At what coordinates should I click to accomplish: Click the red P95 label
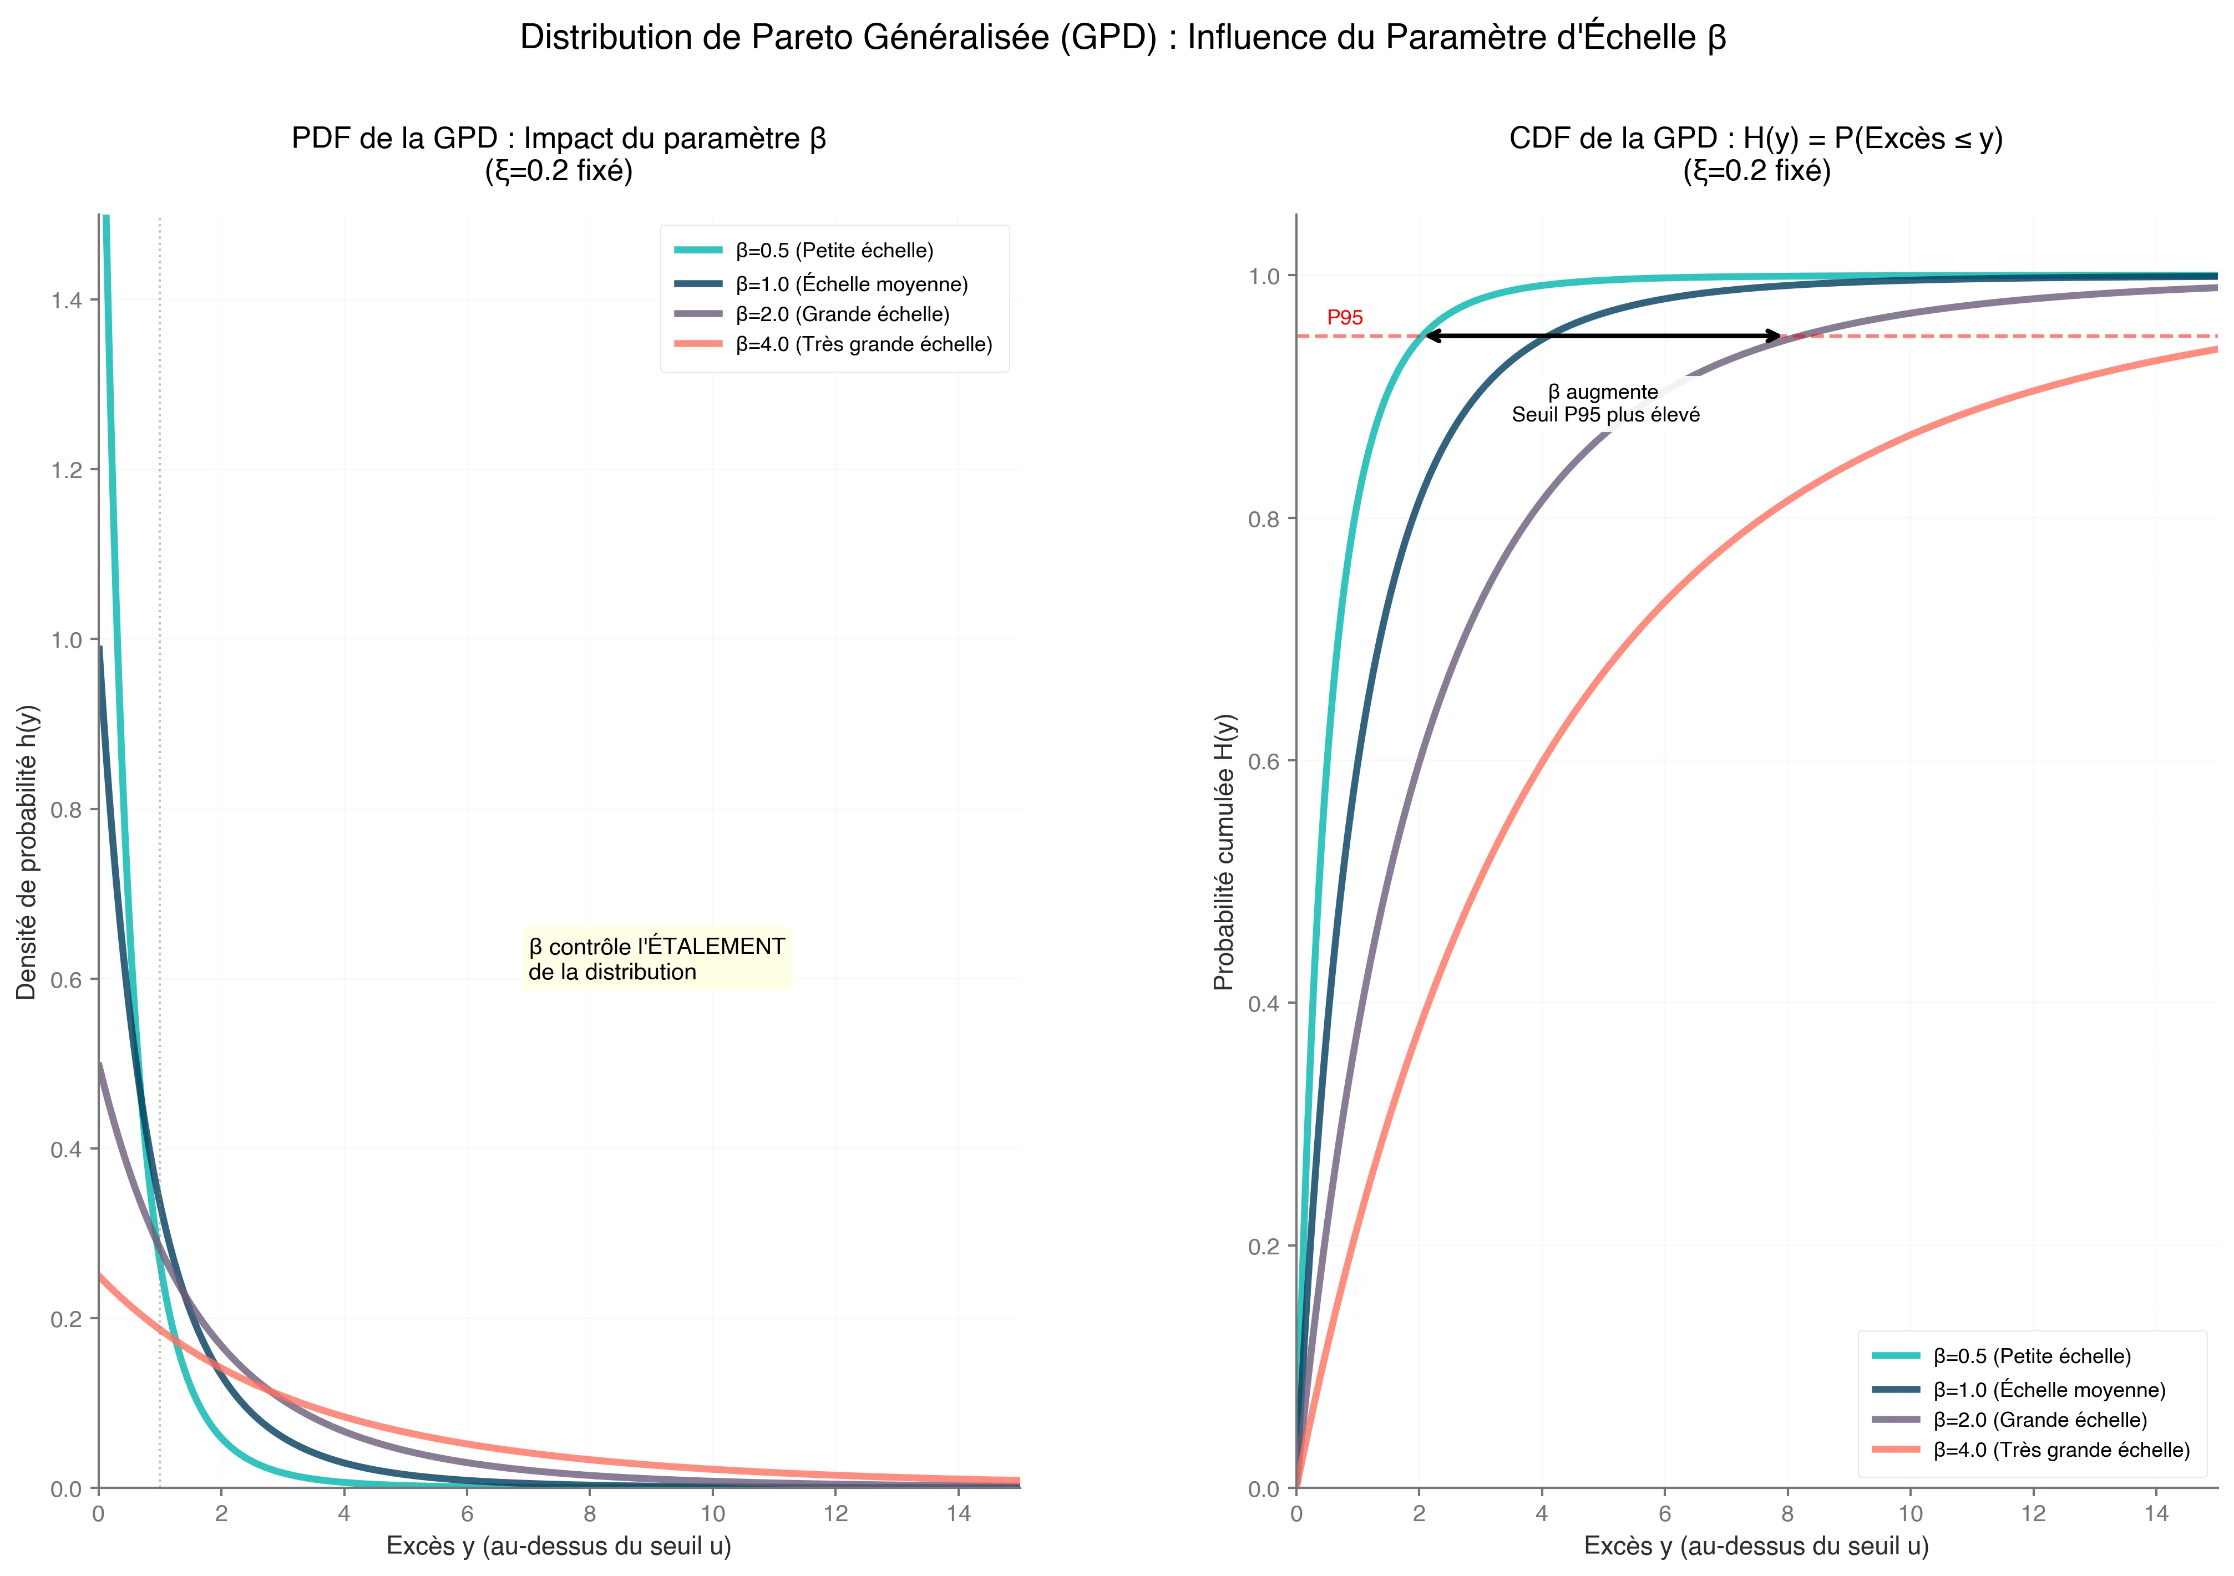click(1345, 318)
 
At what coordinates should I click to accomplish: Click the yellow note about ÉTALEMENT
click(657, 959)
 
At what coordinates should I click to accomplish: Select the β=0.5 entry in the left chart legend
click(834, 251)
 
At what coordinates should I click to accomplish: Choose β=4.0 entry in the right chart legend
click(2061, 1451)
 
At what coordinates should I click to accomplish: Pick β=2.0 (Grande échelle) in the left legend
click(842, 314)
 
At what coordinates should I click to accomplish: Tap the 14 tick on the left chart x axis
click(959, 1514)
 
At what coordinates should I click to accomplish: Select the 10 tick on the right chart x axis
click(1910, 1514)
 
